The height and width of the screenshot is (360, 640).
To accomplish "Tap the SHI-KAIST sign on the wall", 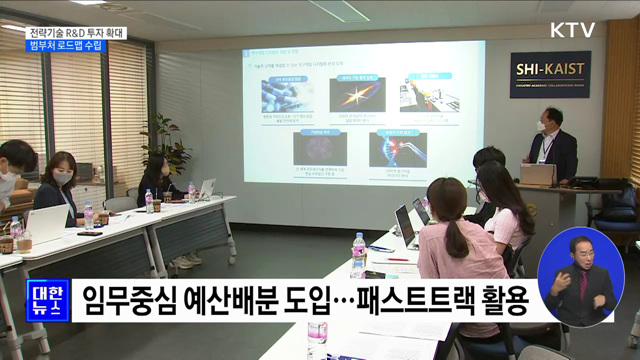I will (x=550, y=73).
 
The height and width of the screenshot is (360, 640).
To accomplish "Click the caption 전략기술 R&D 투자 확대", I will (x=78, y=32).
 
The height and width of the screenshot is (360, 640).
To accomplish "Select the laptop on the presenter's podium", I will (x=537, y=174).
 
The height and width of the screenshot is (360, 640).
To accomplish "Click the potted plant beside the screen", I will (x=166, y=145).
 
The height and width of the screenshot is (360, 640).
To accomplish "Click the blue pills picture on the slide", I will (x=288, y=96).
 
